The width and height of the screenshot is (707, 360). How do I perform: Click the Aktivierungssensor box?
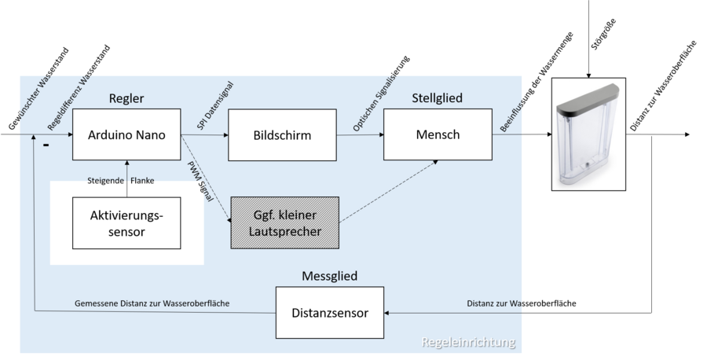pyautogui.click(x=126, y=222)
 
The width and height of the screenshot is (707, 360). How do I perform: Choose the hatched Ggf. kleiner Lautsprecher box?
pyautogui.click(x=284, y=223)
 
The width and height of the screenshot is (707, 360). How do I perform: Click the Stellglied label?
pyautogui.click(x=437, y=98)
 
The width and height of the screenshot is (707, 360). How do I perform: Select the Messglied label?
pyautogui.click(x=330, y=277)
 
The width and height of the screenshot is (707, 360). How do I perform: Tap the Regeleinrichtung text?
pyautogui.click(x=468, y=342)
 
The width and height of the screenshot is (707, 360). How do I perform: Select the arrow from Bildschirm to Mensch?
pyautogui.click(x=361, y=134)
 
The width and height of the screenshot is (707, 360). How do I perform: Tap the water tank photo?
pyautogui.click(x=588, y=134)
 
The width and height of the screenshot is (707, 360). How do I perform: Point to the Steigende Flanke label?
pyautogui.click(x=121, y=180)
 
